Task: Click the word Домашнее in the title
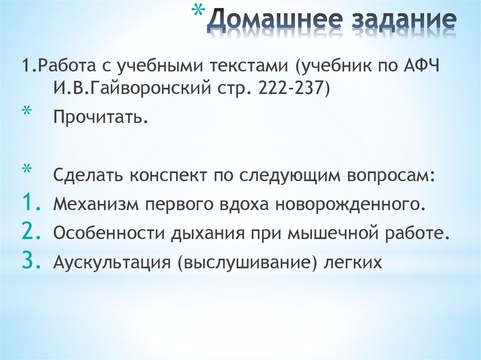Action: [272, 22]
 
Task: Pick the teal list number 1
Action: [31, 203]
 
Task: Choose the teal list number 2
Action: [31, 232]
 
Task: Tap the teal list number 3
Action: [31, 261]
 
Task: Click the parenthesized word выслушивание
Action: [248, 262]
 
